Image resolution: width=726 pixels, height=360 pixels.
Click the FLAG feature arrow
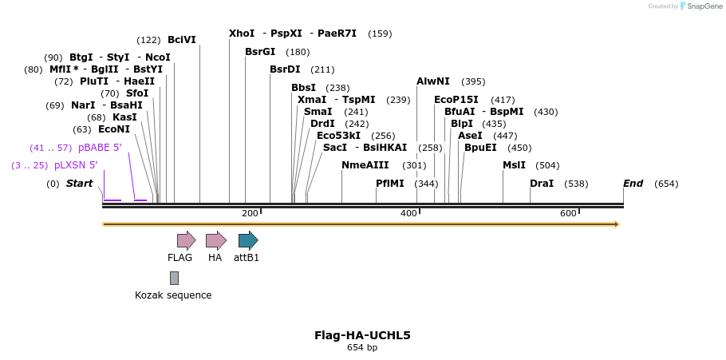point(186,240)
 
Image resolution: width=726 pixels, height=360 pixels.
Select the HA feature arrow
point(215,240)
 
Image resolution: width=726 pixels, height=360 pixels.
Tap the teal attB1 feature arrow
point(247,240)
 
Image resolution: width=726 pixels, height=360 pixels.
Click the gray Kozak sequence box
point(174,278)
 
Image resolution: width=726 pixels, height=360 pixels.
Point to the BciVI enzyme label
point(181,40)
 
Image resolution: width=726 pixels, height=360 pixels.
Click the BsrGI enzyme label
point(260,52)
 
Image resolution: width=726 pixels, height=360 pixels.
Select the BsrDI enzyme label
point(285,69)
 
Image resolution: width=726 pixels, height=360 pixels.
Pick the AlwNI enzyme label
point(433,81)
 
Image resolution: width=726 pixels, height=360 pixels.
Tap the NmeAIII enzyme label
point(365,165)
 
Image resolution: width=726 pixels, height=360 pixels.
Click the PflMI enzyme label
point(390,184)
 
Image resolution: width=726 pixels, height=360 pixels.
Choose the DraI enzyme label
point(542,184)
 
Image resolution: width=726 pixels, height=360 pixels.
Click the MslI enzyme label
point(514,165)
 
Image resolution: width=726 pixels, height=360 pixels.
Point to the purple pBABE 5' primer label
point(100,148)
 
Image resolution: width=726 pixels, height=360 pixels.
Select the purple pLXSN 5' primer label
point(76,165)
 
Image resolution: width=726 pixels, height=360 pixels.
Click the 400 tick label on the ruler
point(408,213)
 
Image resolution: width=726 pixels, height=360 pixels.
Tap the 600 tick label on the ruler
point(568,213)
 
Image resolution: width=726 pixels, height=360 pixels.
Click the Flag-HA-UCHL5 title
point(362,335)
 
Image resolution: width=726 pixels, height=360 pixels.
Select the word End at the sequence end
point(633,184)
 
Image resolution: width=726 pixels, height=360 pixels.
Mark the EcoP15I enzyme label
point(456,100)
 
